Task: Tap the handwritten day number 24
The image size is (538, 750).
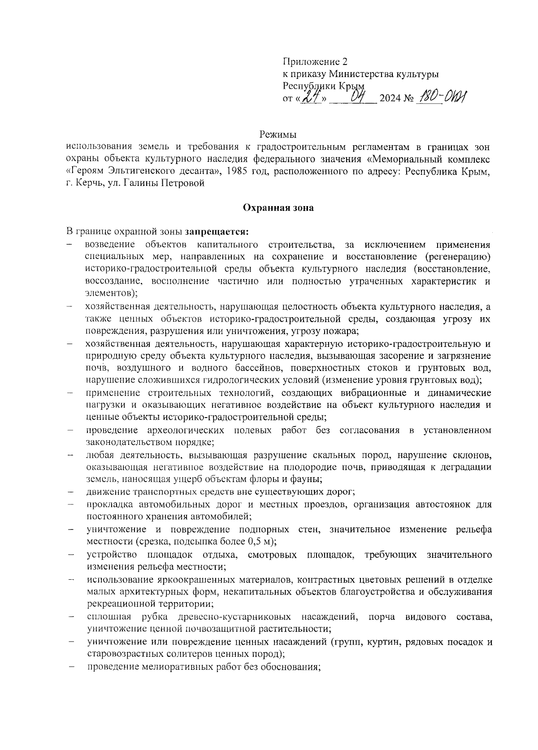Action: (x=311, y=96)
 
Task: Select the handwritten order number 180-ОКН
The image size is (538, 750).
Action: (x=442, y=96)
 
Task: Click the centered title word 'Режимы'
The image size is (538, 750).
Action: (x=278, y=134)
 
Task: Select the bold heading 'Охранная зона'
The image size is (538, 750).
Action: (x=278, y=207)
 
